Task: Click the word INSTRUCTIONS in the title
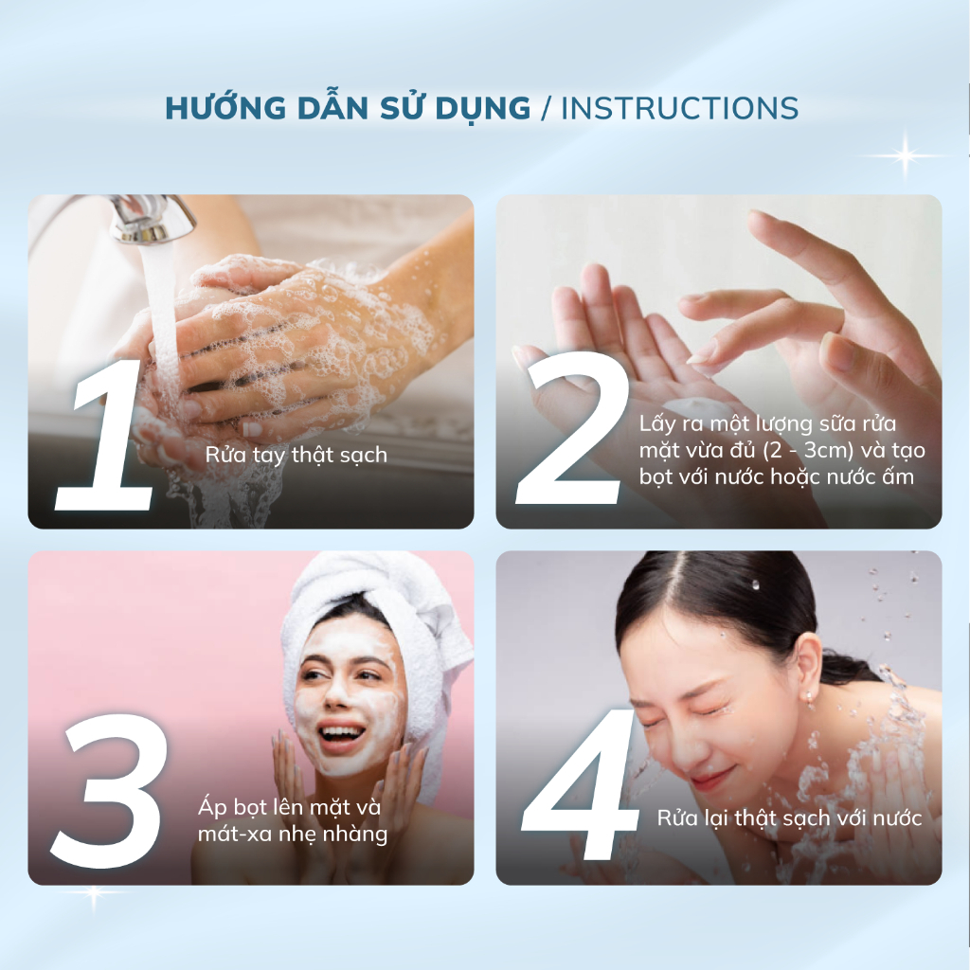pyautogui.click(x=679, y=108)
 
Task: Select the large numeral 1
pyautogui.click(x=105, y=435)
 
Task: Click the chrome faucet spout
pyautogui.click(x=151, y=219)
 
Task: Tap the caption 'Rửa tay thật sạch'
pyautogui.click(x=296, y=456)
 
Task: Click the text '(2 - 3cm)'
pyautogui.click(x=808, y=450)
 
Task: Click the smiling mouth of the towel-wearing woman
pyautogui.click(x=340, y=735)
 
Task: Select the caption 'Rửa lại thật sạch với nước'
pyautogui.click(x=789, y=818)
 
